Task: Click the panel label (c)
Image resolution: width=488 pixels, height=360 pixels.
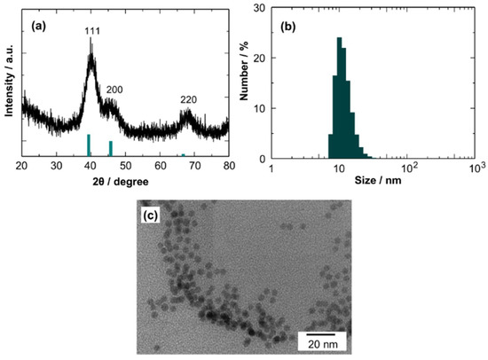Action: coord(151,214)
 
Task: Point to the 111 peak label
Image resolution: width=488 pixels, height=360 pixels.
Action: coord(91,30)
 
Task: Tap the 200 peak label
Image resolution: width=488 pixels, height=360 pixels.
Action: coord(114,90)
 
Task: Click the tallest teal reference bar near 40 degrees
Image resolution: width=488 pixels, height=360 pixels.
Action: coord(89,145)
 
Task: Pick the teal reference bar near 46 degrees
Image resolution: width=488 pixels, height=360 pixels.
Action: coord(110,148)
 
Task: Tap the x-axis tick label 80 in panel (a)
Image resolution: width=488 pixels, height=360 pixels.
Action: coord(228,167)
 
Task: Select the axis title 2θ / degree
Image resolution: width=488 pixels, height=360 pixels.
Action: coord(123,181)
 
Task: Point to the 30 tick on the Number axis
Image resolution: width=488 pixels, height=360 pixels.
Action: coord(261,9)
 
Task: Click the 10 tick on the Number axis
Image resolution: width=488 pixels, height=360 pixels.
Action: coord(261,109)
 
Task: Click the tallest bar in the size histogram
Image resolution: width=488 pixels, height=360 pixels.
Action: coord(339,98)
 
